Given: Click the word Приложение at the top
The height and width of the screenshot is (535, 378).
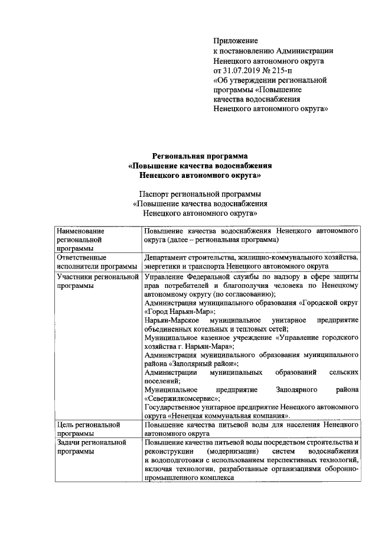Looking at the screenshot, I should tap(236, 41).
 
